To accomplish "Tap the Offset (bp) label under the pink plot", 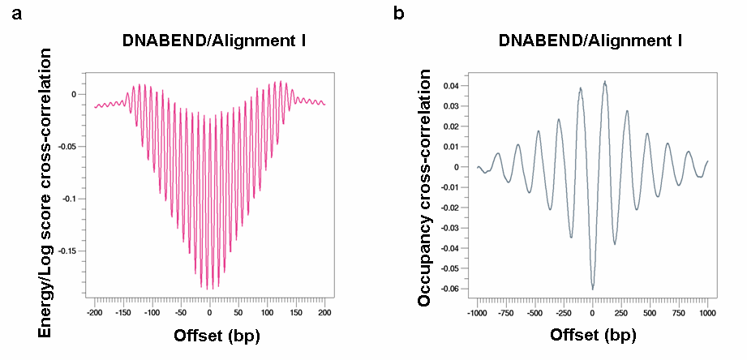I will pyautogui.click(x=208, y=336).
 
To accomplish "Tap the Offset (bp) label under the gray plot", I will pyautogui.click(x=593, y=335).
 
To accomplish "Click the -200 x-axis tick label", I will pyautogui.click(x=94, y=312).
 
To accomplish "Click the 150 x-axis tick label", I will pyautogui.click(x=296, y=312).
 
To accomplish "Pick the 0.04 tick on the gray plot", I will pyautogui.click(x=453, y=85).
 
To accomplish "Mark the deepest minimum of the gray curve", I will pyautogui.click(x=593, y=289).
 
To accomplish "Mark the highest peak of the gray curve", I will pyautogui.click(x=604, y=81).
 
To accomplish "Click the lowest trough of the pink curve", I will pyautogui.click(x=209, y=289).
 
